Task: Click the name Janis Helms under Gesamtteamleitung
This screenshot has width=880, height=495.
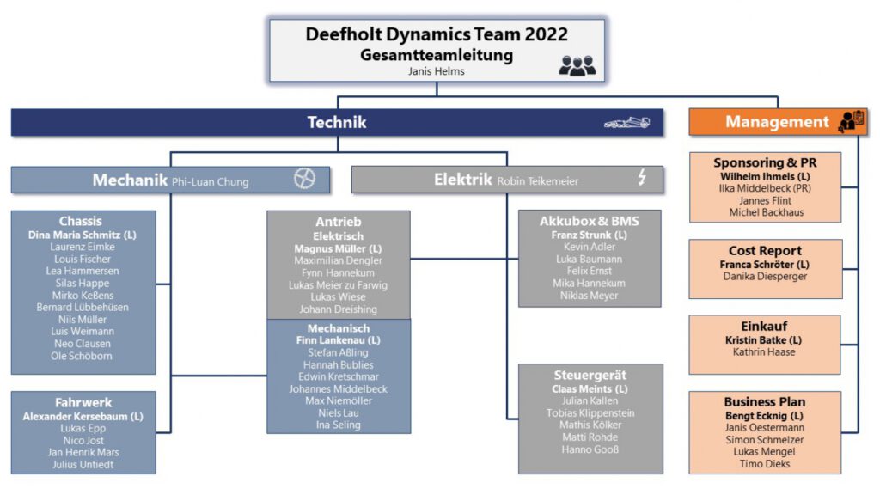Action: [437, 72]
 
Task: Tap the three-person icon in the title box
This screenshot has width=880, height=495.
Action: [577, 65]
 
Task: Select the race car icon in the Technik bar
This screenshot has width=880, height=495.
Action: [627, 123]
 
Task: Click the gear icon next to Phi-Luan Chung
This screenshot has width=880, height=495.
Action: [304, 179]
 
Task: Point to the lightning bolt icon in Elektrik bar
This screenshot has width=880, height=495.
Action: [641, 178]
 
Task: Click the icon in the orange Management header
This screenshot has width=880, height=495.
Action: [851, 121]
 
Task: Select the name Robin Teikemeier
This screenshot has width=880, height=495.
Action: [538, 181]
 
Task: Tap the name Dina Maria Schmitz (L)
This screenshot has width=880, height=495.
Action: [82, 235]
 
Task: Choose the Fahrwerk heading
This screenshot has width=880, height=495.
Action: [83, 402]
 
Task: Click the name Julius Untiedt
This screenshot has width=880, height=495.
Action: [83, 465]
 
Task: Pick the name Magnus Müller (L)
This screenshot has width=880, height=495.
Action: [339, 248]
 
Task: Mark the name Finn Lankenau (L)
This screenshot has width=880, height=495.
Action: [338, 340]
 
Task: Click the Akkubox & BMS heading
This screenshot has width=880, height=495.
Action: [589, 221]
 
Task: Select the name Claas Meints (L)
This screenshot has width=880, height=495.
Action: [590, 388]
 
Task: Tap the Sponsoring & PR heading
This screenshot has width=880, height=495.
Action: [765, 162]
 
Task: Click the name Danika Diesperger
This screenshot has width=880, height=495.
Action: [765, 277]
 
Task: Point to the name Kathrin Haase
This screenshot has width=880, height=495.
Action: [764, 352]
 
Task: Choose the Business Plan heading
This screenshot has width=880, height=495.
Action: [765, 401]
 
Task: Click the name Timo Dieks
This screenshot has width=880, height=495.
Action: [764, 463]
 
